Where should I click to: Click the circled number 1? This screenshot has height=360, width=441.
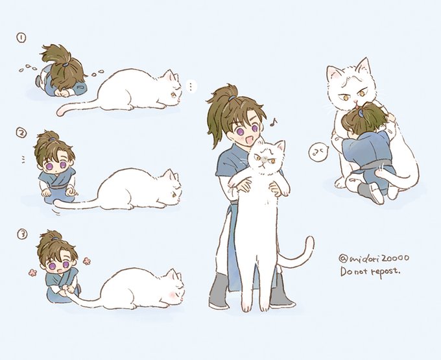[x=21, y=38]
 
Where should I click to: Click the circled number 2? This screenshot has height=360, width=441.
[x=21, y=133]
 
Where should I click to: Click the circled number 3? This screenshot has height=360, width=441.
[x=23, y=234]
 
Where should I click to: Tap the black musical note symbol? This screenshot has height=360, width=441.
[x=273, y=121]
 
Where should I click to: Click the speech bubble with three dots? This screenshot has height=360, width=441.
[x=191, y=86]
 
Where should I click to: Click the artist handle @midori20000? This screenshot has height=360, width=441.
[x=374, y=258]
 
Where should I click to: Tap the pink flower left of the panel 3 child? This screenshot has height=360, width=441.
[x=33, y=272]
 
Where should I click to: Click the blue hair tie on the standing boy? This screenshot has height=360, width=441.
[x=232, y=98]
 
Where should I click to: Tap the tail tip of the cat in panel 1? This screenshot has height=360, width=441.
[x=60, y=112]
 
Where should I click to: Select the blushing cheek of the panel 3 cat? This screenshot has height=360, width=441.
[x=172, y=294]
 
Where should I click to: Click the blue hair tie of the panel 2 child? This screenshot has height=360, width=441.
[x=53, y=139]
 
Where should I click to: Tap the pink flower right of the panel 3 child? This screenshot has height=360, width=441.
[x=87, y=261]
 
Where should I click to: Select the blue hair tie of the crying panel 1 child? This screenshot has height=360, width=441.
[x=66, y=64]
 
